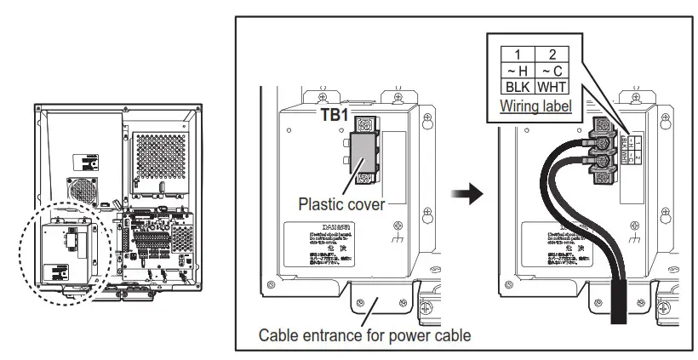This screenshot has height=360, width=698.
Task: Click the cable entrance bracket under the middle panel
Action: (369, 297)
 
